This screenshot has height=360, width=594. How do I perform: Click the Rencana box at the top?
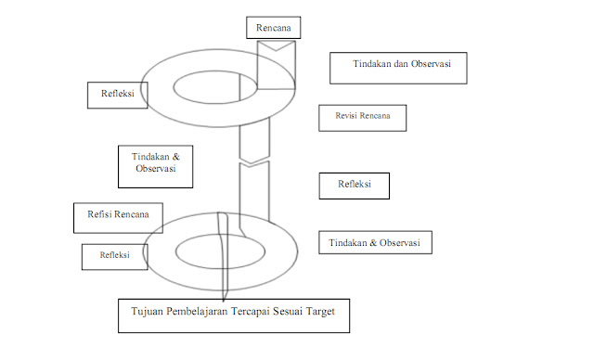tap(274, 28)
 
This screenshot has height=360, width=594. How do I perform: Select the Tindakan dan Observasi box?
tap(397, 69)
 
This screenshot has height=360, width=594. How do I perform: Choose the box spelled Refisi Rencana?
tap(118, 217)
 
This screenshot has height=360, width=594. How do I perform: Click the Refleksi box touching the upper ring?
tap(116, 94)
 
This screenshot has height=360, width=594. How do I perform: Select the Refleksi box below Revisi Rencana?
tap(354, 185)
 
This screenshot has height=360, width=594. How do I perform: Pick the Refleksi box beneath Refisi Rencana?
tap(114, 255)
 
